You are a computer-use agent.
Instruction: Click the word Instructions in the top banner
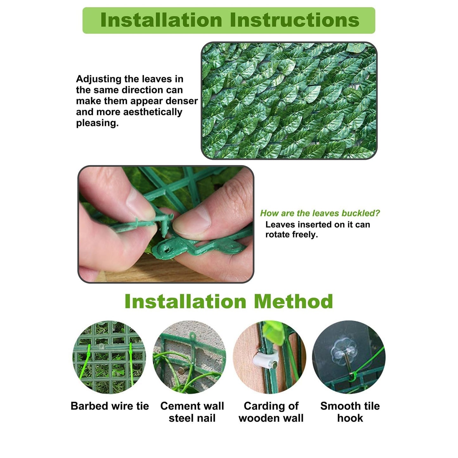[x=294, y=20]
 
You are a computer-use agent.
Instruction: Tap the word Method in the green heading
[x=293, y=301]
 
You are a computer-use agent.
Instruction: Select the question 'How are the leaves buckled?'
[x=320, y=213]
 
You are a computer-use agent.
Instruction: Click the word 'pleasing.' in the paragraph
[x=97, y=123]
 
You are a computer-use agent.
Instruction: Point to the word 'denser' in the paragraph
[x=182, y=101]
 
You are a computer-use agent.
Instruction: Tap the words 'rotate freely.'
[x=291, y=235]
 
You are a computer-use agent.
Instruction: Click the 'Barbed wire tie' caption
[x=110, y=406]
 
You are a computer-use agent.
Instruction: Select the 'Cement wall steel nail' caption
[x=192, y=412]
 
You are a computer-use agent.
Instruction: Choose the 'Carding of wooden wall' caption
[x=271, y=412]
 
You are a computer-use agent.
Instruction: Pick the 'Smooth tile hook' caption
[x=350, y=412]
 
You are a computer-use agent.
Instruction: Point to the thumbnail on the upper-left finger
[x=139, y=203]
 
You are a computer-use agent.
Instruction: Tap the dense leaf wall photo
[x=289, y=100]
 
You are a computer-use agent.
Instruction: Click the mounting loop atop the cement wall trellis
[x=191, y=335]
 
